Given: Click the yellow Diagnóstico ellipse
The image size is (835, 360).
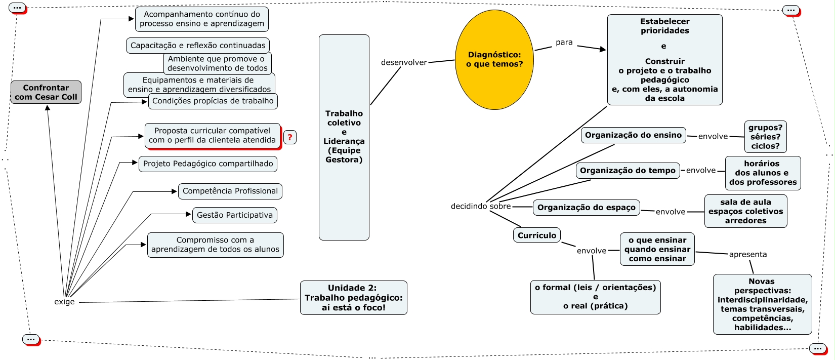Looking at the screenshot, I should click(x=494, y=60).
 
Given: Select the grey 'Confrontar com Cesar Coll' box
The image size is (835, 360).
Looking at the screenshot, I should click(x=46, y=92).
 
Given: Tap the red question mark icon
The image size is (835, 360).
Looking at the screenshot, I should click(x=290, y=137).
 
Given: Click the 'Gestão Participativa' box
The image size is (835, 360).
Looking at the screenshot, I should click(x=235, y=215).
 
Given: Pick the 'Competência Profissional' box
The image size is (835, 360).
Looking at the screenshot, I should click(x=230, y=191).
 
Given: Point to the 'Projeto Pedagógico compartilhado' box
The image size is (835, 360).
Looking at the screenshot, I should click(x=208, y=164).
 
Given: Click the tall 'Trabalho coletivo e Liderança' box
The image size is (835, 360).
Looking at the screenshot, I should click(x=344, y=137).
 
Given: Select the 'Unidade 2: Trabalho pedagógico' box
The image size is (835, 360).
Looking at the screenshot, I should click(x=354, y=298).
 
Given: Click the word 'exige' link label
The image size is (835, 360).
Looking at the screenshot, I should click(x=64, y=302).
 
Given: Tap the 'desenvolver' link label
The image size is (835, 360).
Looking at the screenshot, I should click(x=404, y=62).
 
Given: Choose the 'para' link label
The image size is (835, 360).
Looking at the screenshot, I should click(x=564, y=43).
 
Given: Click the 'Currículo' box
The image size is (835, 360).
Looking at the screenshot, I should click(x=537, y=235).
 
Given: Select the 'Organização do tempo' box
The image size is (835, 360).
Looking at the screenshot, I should click(x=628, y=171).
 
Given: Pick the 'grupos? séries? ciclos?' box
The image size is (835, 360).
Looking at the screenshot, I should click(x=765, y=137).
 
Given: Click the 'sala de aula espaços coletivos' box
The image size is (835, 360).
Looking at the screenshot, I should click(x=745, y=211).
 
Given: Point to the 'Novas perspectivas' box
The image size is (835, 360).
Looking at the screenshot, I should click(x=762, y=304).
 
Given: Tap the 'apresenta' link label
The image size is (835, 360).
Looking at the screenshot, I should click(x=747, y=254).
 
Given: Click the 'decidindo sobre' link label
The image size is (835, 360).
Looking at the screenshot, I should click(x=481, y=206).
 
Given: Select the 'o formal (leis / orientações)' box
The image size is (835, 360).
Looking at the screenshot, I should click(x=595, y=297).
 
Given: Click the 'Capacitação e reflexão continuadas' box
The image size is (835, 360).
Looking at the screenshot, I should click(x=198, y=46).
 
